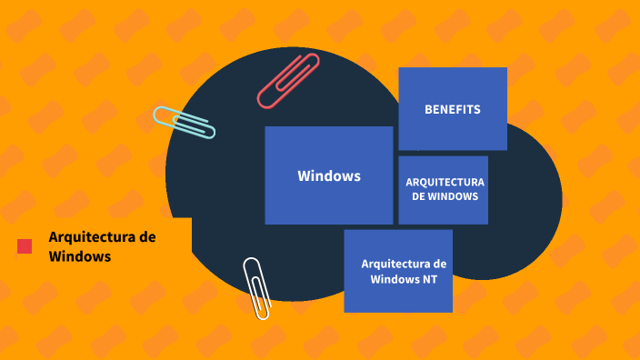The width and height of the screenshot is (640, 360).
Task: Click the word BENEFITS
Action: pyautogui.click(x=452, y=110)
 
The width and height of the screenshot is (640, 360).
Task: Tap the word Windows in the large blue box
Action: pyautogui.click(x=329, y=175)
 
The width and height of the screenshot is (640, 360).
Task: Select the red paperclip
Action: pyautogui.click(x=288, y=81)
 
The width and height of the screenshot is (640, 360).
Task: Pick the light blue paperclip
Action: pyautogui.click(x=185, y=123)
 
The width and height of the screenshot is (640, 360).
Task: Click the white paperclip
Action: pyautogui.click(x=256, y=287)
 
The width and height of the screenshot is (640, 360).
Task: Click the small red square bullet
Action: pyautogui.click(x=25, y=245)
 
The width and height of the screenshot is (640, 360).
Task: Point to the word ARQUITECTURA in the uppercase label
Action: pyautogui.click(x=445, y=182)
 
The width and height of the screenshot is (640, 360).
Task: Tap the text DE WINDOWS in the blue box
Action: pyautogui.click(x=445, y=196)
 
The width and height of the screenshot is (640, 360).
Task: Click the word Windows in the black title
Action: pyautogui.click(x=80, y=256)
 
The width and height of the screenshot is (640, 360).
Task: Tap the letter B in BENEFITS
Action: pyautogui.click(x=428, y=110)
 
